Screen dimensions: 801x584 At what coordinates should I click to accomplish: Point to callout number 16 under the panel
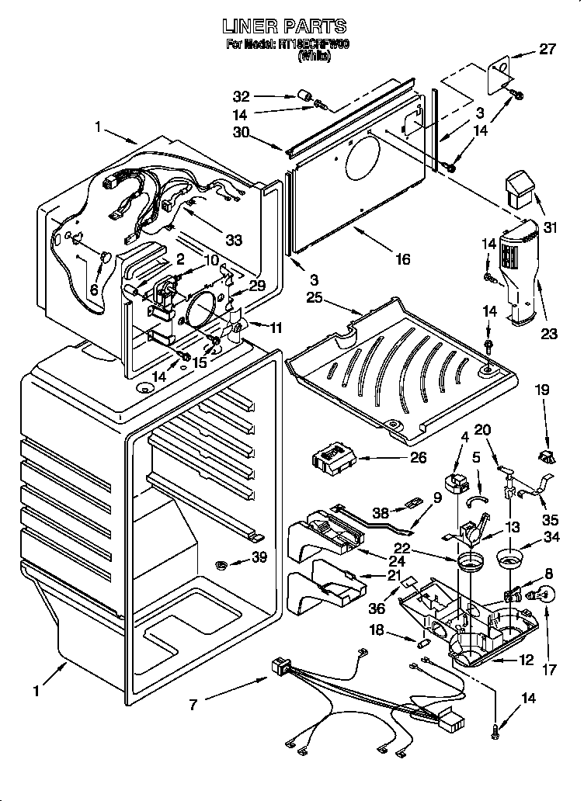point(402,259)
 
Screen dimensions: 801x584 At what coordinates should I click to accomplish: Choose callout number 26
point(418,457)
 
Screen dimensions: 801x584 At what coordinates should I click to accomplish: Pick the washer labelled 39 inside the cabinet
point(222,562)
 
